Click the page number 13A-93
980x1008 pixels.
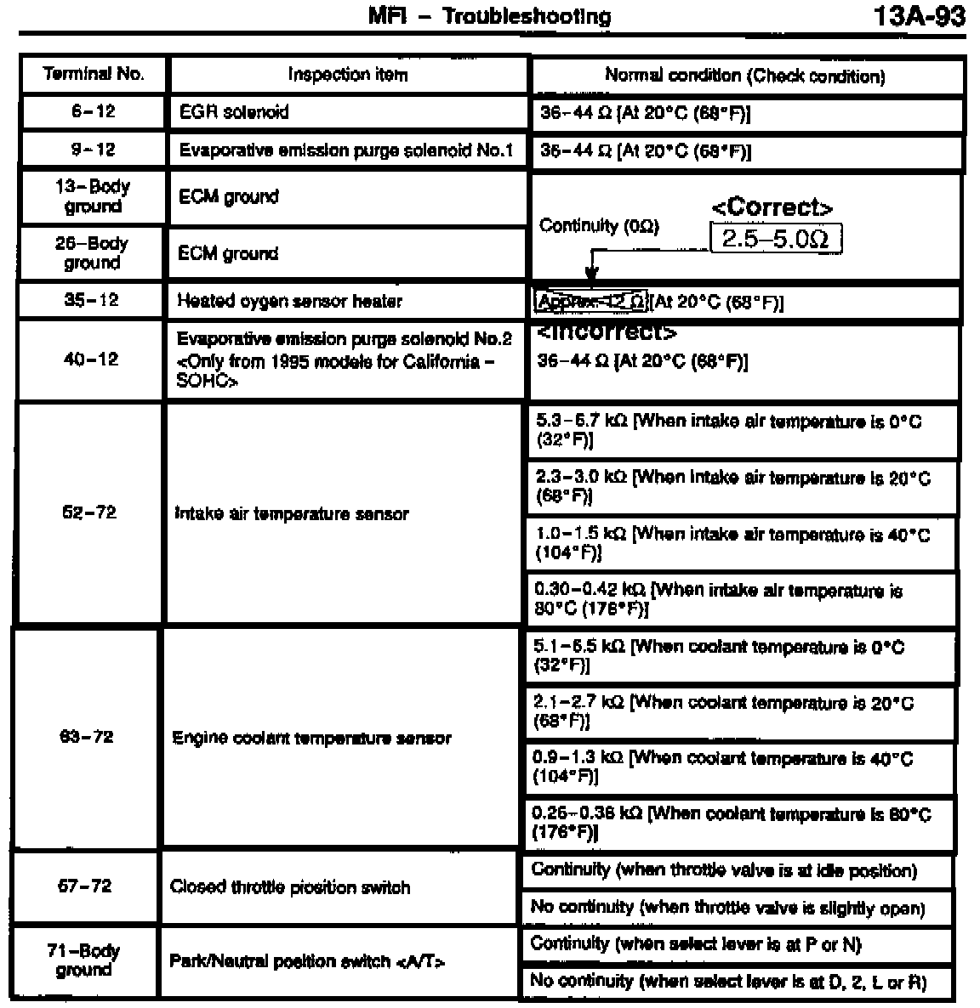pyautogui.click(x=919, y=17)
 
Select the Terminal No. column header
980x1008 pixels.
pyautogui.click(x=94, y=74)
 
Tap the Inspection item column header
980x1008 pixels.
pyautogui.click(x=347, y=75)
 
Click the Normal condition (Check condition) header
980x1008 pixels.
pyautogui.click(x=744, y=76)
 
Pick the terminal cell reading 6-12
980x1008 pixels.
pyautogui.click(x=94, y=111)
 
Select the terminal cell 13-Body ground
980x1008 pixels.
pyautogui.click(x=93, y=196)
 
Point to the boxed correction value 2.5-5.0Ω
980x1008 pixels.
pyautogui.click(x=775, y=239)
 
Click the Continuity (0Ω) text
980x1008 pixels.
pyautogui.click(x=599, y=226)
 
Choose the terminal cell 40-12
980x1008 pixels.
pyautogui.click(x=90, y=360)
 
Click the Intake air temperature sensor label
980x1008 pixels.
pyautogui.click(x=291, y=514)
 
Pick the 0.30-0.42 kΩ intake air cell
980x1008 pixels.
pyautogui.click(x=740, y=599)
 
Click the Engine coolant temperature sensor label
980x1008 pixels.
pyautogui.click(x=311, y=738)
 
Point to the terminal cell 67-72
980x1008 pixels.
pyautogui.click(x=84, y=886)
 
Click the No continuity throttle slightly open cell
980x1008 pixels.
pyautogui.click(x=727, y=908)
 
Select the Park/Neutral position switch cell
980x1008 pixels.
pyautogui.click(x=308, y=961)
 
